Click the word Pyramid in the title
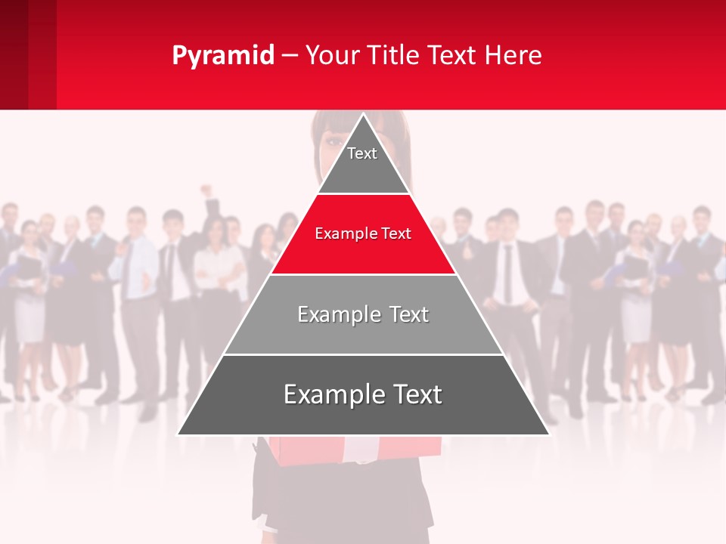(222, 56)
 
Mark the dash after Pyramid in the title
(290, 56)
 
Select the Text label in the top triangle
(362, 153)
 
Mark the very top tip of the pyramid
(364, 115)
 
